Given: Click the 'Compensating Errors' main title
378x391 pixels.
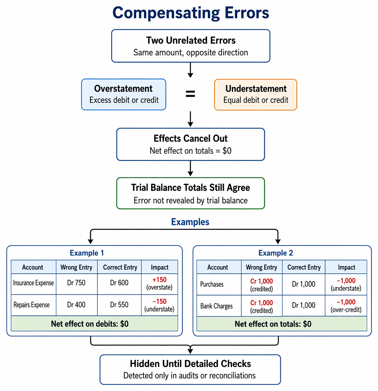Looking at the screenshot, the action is click(x=191, y=13).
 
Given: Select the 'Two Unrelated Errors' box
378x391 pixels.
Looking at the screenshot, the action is click(x=191, y=46).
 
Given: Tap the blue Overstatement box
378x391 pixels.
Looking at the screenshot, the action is click(x=124, y=95).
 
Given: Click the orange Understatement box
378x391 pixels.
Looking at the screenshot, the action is click(x=256, y=95).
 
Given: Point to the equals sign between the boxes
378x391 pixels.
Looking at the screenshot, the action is click(x=190, y=94).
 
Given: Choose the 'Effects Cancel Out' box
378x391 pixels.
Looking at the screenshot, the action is click(x=191, y=144).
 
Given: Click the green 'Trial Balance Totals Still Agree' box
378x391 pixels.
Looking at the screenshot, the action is click(x=191, y=193).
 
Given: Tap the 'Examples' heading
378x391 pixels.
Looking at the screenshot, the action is click(x=190, y=222).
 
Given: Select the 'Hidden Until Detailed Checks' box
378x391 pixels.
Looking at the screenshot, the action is click(x=190, y=370).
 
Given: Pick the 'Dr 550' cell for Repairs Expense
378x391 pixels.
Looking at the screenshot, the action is click(x=119, y=305).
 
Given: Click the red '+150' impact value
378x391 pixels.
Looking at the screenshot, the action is click(x=159, y=280).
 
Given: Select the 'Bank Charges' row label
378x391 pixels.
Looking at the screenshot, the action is click(x=217, y=306).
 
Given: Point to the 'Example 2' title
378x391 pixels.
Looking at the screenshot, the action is click(x=276, y=253).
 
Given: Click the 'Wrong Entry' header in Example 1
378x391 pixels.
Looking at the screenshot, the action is click(x=77, y=267).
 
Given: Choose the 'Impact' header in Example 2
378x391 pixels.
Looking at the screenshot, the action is click(x=347, y=267).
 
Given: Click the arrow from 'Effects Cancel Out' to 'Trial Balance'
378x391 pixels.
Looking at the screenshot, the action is click(x=190, y=168).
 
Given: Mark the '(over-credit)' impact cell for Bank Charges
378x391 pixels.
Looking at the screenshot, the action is click(x=346, y=306).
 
